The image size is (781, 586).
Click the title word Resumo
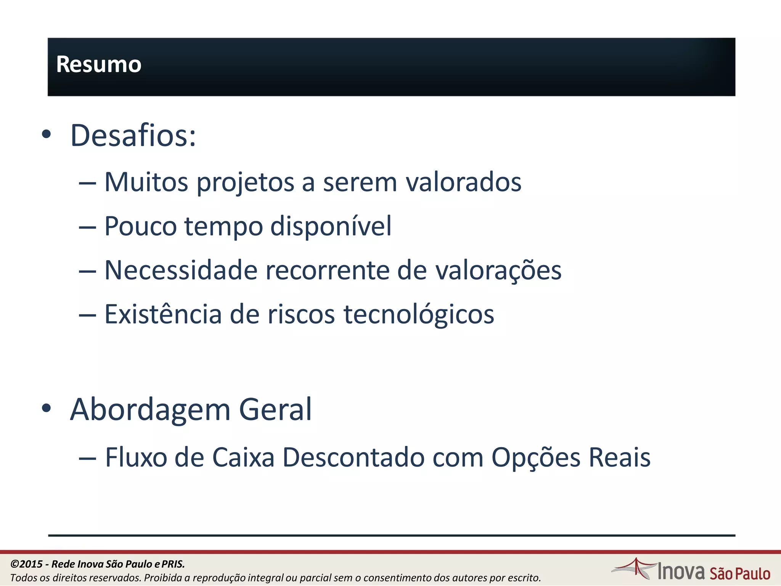pos(99,64)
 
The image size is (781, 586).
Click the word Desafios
pos(131,135)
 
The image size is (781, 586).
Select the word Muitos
pos(146,182)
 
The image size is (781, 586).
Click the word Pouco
pos(140,226)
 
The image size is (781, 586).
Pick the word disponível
pos(331,226)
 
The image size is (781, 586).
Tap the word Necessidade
pos(181,270)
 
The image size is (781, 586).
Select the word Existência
pos(163,314)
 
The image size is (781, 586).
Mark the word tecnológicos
pos(419,315)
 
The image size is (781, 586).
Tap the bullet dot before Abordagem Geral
pos(46,408)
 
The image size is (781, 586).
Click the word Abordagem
pos(150,410)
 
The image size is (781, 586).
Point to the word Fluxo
pos(136,457)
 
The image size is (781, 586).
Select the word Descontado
pos(353,457)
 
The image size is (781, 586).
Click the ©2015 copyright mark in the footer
pos(26,564)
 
